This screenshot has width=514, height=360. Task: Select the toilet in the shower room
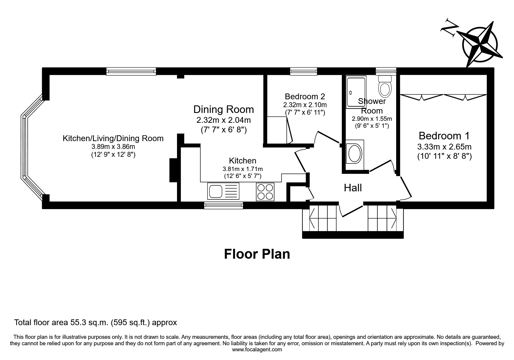(x=385, y=87)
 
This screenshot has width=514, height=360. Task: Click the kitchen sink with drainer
(x=223, y=192)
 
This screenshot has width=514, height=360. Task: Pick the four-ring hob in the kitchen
(x=265, y=192)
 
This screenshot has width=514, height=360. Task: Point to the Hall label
(x=353, y=188)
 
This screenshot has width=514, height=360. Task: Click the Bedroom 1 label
(x=444, y=136)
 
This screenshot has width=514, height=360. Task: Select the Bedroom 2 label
(x=305, y=96)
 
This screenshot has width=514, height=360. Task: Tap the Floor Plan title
(x=257, y=254)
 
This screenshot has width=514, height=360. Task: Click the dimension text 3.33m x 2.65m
(x=444, y=147)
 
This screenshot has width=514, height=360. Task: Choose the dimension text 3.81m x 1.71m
(x=243, y=169)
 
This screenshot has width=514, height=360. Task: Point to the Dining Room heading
(x=223, y=109)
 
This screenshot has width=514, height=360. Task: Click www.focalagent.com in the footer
(x=257, y=350)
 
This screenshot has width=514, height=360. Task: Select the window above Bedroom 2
(x=304, y=71)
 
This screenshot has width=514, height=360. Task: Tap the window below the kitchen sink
(x=223, y=206)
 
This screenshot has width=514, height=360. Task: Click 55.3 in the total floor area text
(x=77, y=322)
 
